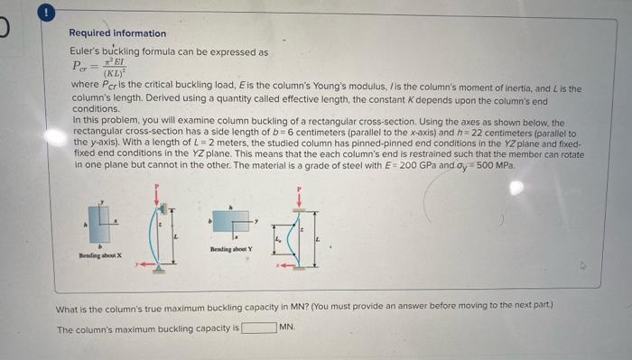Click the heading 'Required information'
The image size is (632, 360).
[x=117, y=33]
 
